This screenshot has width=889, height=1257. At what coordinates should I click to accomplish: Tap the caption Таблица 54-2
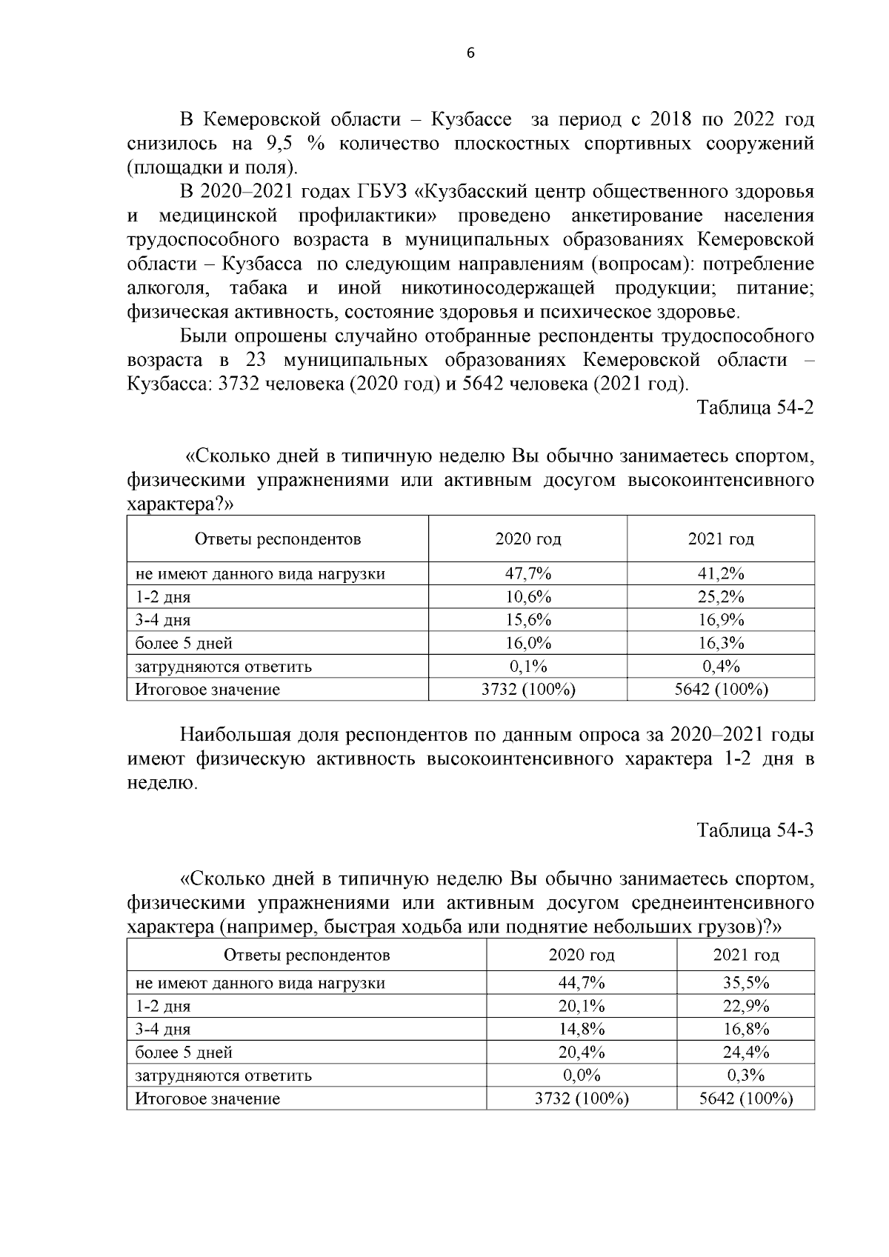coord(755,408)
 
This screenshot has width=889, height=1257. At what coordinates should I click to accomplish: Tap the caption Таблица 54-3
coord(755,830)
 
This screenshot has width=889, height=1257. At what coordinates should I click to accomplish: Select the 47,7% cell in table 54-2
coord(527,573)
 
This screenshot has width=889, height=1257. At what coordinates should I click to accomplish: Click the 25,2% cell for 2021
coord(721,597)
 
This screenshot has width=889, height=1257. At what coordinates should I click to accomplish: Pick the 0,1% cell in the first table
coord(527,666)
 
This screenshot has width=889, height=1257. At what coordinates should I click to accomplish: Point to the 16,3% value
coord(721,643)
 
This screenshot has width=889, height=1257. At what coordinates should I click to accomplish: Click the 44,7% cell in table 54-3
coord(582,983)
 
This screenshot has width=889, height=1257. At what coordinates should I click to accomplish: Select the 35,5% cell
coord(746,983)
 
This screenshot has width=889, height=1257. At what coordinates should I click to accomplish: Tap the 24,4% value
coord(746,1052)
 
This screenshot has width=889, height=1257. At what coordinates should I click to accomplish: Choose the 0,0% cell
coord(582,1075)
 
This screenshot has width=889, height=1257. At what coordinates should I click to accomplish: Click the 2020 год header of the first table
coord(527,539)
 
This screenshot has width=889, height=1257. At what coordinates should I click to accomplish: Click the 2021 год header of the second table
coord(746,956)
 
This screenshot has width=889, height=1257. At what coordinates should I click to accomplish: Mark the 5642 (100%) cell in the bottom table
coord(746,1098)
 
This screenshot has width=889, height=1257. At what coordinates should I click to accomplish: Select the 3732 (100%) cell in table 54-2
coord(527,690)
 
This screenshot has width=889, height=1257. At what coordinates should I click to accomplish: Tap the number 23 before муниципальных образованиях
coord(254,360)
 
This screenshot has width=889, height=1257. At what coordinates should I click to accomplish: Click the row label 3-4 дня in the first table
coord(163,620)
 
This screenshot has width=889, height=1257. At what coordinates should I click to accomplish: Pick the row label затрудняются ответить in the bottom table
coord(223,1076)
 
